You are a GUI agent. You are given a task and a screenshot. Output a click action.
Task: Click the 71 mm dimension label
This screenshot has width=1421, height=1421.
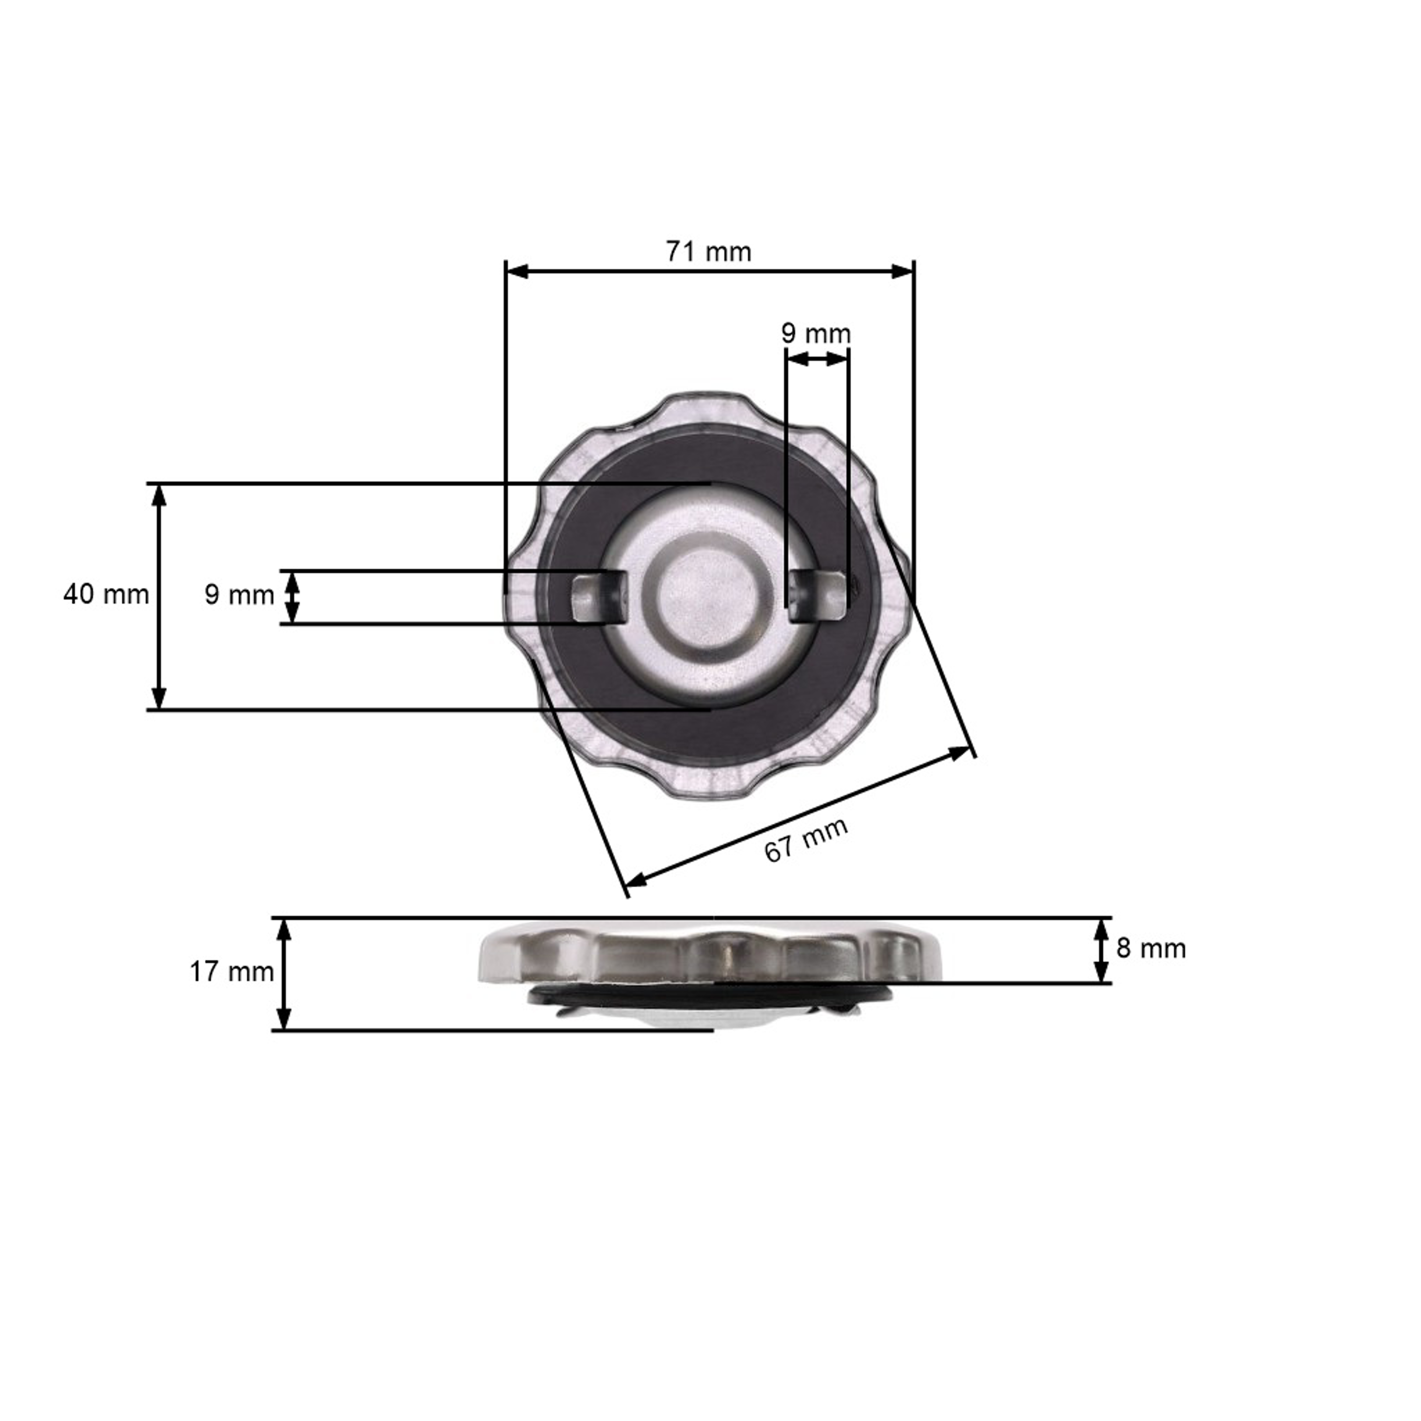[709, 252]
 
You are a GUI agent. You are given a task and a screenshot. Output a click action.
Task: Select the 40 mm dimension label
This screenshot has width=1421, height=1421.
[106, 594]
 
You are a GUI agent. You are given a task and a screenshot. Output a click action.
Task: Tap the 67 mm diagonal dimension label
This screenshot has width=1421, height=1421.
[807, 839]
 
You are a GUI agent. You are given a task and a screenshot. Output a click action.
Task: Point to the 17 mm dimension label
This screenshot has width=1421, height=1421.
[232, 972]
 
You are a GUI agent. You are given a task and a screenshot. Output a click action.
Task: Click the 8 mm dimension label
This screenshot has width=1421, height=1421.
[1151, 949]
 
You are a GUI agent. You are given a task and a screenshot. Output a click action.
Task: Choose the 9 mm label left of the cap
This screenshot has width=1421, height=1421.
[239, 595]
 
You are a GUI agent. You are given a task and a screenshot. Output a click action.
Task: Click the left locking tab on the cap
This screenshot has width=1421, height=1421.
[600, 597]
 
